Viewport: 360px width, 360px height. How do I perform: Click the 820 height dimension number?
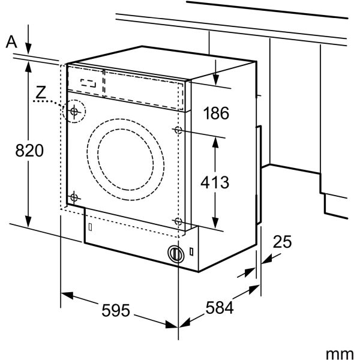(29, 151)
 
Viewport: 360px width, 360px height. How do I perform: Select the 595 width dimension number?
(115, 310)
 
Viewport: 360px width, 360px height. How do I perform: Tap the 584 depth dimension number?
(219, 308)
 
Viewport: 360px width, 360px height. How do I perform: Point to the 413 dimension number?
(215, 182)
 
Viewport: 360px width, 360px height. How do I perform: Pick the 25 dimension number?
(281, 242)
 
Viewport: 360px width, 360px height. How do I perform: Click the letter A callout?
(11, 42)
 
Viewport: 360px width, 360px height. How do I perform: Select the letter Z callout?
(41, 92)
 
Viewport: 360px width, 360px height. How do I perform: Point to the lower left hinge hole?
(74, 197)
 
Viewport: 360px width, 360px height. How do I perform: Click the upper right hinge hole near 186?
(178, 130)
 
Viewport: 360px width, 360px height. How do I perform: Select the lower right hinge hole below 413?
(178, 221)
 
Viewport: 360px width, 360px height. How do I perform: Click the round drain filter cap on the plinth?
(175, 254)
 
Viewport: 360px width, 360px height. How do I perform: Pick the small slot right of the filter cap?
(191, 251)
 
